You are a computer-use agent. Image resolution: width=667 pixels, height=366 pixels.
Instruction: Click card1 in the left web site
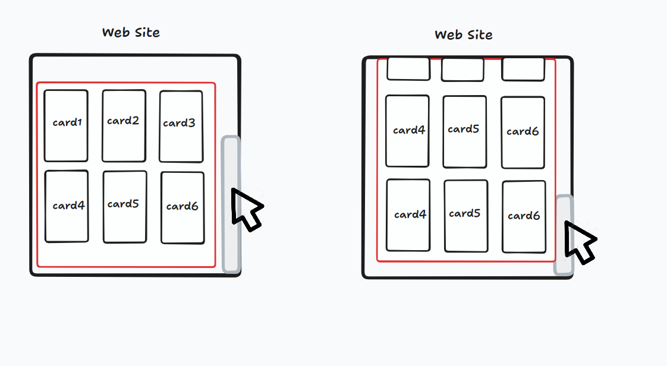tap(66, 125)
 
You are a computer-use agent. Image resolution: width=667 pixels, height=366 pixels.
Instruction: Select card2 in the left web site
tap(124, 125)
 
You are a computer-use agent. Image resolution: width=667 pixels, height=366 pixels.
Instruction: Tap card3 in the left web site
tap(181, 126)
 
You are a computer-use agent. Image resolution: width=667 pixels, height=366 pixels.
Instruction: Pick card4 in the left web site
tap(67, 206)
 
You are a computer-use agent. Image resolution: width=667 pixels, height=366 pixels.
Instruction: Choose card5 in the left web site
tap(125, 207)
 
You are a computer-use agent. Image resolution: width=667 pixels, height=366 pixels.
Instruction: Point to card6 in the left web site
tap(183, 207)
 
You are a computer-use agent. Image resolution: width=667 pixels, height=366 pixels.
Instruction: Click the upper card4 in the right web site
tap(407, 131)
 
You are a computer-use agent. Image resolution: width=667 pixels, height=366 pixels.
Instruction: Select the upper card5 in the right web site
tap(464, 131)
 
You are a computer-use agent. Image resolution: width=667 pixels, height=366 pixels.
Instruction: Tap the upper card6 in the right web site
tap(523, 132)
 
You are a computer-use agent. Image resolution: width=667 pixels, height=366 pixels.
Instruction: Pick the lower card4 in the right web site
tap(408, 215)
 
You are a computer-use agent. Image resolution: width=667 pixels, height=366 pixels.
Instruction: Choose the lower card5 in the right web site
tap(465, 216)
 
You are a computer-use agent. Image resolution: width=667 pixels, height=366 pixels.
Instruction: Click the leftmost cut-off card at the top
tap(408, 69)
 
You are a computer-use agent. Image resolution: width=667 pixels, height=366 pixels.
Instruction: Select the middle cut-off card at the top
tap(463, 70)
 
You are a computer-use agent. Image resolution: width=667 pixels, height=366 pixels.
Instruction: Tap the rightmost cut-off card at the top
tap(523, 69)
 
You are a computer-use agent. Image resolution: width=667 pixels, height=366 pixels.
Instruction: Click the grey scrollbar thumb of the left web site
tap(231, 204)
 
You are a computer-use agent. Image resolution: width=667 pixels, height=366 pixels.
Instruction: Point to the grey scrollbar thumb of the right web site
tap(564, 235)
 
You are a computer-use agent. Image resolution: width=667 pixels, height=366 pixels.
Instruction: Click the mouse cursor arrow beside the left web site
tap(246, 208)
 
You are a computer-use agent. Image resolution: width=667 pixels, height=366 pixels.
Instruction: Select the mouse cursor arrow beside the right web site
tap(580, 239)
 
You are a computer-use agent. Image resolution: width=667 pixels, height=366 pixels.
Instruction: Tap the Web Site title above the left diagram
tap(131, 33)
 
